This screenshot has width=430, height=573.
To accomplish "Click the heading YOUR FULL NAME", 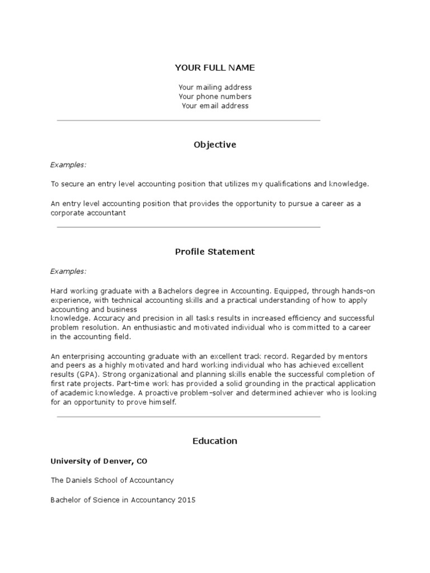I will click(214, 68).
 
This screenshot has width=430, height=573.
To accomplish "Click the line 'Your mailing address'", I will click(215, 87).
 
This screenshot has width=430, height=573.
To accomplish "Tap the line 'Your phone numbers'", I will click(215, 97).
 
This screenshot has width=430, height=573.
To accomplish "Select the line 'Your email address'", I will click(215, 106).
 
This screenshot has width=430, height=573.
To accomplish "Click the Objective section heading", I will click(214, 145).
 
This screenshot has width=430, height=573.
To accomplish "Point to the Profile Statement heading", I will click(214, 252).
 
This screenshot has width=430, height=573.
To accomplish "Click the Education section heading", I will click(214, 441).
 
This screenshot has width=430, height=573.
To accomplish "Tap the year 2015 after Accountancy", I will click(186, 500).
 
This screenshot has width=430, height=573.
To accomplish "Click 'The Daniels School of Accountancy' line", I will click(112, 480).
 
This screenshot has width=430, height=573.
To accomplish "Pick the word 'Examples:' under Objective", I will click(68, 165).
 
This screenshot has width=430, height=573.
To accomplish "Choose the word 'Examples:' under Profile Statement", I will click(68, 271).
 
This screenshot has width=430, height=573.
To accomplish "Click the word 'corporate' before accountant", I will click(68, 213).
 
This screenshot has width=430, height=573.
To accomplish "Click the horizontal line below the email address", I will click(189, 120).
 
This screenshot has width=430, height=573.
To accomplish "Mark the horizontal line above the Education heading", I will click(189, 417).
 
